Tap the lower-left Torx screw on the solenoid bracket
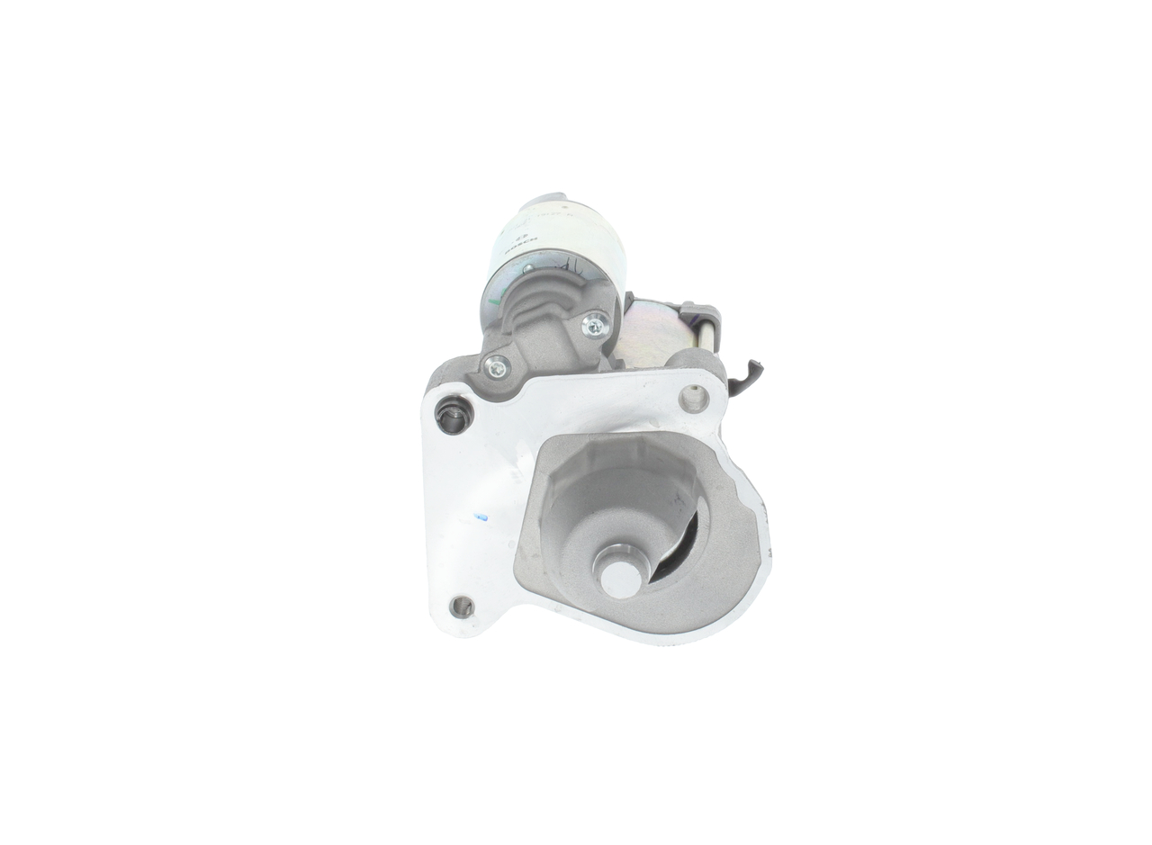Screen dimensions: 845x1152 click(496, 366)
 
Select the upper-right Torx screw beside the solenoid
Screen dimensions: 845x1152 click(594, 326)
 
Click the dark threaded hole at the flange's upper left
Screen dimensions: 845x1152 click(453, 415)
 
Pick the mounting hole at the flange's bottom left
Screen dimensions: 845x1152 click(462, 607)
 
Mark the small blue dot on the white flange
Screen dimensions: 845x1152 click(481, 517)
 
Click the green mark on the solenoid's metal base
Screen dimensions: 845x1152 click(527, 268)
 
